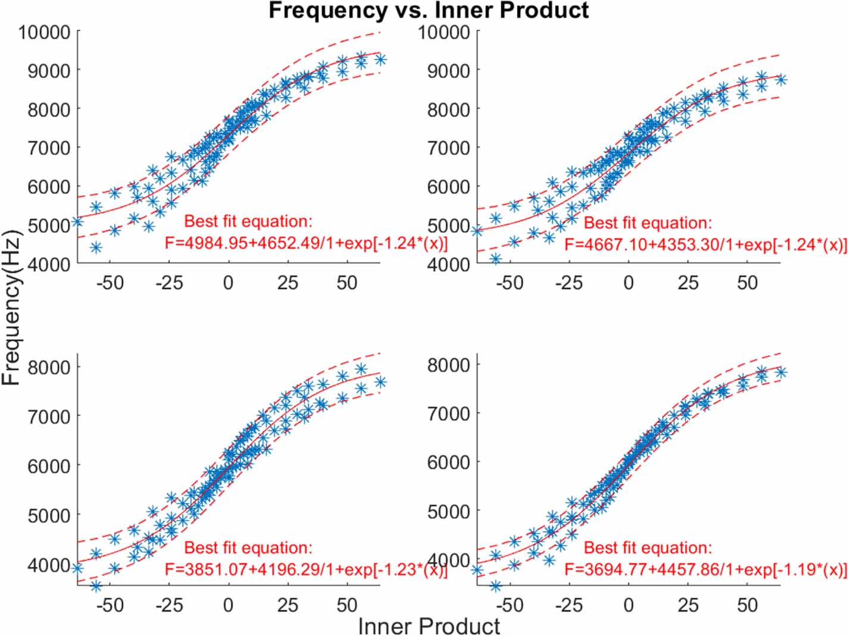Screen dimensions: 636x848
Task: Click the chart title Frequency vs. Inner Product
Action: tap(428, 11)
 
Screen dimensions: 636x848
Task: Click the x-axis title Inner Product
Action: tap(428, 626)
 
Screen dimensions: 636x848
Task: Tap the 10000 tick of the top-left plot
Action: tap(44, 32)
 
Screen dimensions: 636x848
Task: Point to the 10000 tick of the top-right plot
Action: tap(444, 32)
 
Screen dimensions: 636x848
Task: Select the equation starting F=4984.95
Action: tap(306, 244)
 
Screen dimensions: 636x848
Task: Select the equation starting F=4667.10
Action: tap(706, 245)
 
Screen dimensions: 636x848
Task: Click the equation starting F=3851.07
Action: tap(306, 569)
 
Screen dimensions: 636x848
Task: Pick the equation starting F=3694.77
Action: tap(706, 569)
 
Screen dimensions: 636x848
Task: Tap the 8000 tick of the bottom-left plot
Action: tap(49, 366)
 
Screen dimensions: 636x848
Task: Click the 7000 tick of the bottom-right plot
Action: tap(449, 413)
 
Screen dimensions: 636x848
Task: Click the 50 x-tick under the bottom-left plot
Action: tap(347, 606)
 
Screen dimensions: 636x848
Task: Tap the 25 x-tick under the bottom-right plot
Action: tap(687, 606)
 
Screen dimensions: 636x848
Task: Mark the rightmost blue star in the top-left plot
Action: tap(380, 59)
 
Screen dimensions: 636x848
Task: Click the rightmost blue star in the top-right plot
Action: tap(781, 80)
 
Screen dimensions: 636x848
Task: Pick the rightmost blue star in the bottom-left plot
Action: tap(380, 382)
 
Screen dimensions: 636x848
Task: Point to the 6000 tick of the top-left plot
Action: tap(49, 186)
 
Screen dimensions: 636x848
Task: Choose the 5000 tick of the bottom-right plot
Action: tap(449, 510)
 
